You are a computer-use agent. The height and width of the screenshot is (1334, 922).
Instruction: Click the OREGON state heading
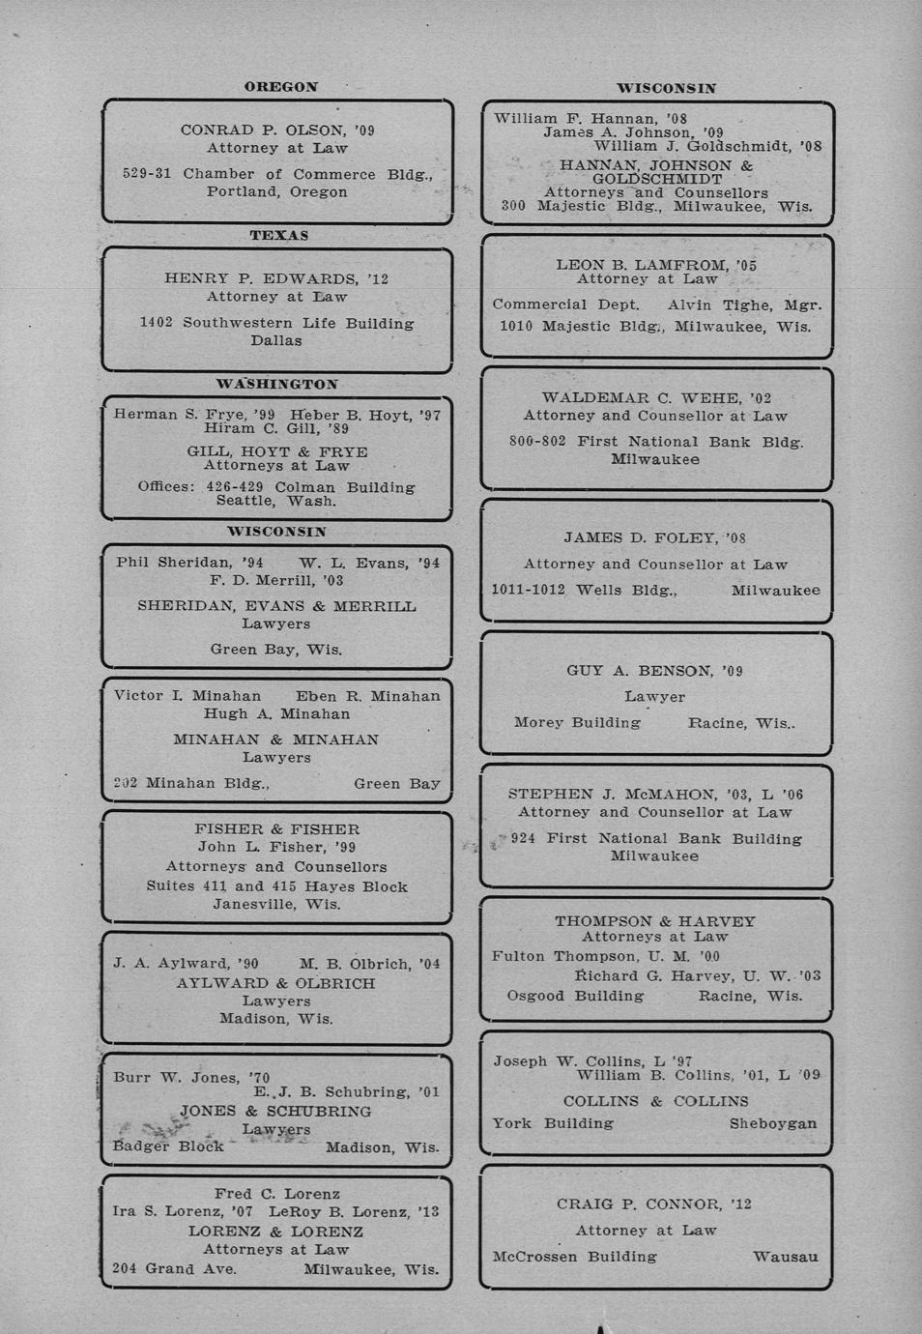click(280, 87)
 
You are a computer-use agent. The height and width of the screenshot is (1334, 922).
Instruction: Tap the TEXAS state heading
click(279, 236)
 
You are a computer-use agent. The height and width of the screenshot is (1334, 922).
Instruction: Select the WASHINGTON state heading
click(277, 385)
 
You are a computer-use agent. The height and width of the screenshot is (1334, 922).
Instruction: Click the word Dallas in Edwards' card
click(276, 341)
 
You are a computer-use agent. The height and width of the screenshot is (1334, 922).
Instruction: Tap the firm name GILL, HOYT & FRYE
click(277, 451)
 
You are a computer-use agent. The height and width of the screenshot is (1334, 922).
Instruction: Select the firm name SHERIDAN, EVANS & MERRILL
click(277, 607)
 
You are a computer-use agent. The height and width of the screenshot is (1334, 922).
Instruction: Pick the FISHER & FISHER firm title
click(277, 829)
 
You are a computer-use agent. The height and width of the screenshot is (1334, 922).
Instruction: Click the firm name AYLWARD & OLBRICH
click(276, 983)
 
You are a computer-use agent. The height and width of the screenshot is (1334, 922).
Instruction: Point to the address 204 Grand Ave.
click(174, 1269)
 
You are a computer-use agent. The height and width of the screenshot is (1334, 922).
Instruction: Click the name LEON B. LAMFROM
click(641, 265)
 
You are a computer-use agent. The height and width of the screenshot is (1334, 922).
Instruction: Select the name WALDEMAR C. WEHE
click(641, 398)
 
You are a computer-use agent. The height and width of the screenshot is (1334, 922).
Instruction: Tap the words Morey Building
click(577, 723)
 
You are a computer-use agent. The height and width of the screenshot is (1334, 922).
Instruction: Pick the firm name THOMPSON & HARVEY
click(655, 921)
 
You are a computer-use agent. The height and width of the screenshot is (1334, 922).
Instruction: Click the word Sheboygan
click(773, 1124)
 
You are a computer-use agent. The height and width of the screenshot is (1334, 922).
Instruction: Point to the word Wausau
click(786, 1258)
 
